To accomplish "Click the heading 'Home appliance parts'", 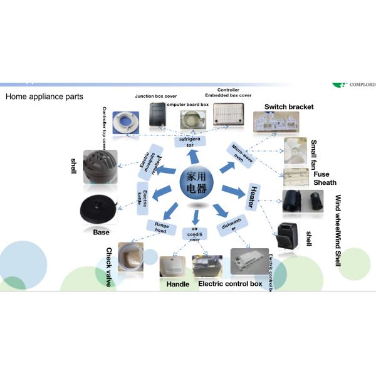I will [x=44, y=97].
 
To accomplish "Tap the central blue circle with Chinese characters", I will [x=196, y=182].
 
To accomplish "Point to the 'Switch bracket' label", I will [x=289, y=107].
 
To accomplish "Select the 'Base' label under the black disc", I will [x=101, y=232].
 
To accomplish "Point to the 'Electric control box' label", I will [x=229, y=284].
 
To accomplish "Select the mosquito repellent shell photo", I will [x=102, y=165].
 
